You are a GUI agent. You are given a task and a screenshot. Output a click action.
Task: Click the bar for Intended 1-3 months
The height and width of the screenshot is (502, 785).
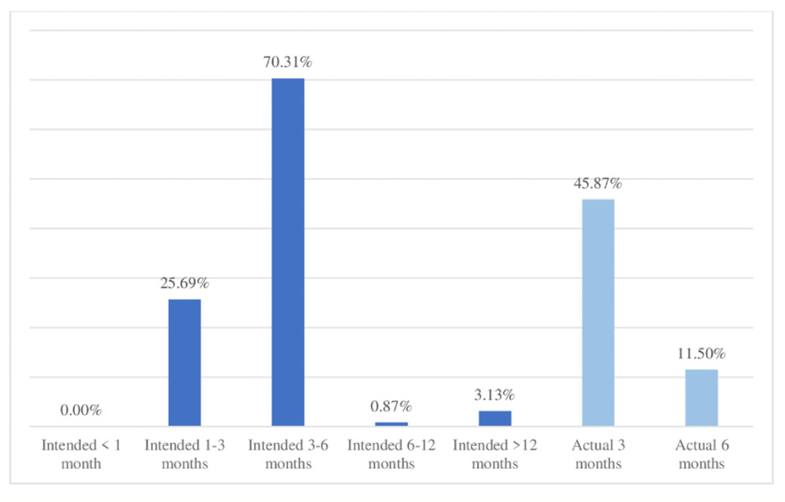(x=184, y=363)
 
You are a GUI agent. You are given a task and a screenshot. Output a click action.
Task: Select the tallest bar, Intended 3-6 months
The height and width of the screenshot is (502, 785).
(x=288, y=252)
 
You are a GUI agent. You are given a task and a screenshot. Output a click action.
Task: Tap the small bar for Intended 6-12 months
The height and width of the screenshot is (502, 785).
(x=391, y=424)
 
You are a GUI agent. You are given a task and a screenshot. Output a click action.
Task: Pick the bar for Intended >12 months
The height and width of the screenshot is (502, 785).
(x=495, y=418)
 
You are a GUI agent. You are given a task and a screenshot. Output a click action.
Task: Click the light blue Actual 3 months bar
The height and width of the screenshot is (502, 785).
(x=598, y=312)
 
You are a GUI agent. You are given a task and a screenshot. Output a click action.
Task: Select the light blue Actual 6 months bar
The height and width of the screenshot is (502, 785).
(x=701, y=397)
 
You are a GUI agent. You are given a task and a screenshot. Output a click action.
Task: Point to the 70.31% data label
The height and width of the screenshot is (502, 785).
(x=288, y=63)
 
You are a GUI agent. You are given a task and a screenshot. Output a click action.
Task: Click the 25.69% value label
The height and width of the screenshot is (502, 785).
(x=184, y=284)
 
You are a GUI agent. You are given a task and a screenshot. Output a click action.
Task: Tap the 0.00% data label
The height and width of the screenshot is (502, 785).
(x=81, y=411)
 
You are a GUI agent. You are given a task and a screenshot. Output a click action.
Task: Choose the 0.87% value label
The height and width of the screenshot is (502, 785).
(x=391, y=407)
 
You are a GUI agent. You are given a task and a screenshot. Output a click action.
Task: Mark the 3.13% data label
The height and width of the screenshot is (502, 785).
(x=495, y=395)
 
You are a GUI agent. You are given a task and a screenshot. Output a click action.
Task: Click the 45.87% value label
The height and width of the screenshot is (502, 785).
(x=598, y=184)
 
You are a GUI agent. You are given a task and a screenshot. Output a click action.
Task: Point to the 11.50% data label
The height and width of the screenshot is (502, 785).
(x=701, y=354)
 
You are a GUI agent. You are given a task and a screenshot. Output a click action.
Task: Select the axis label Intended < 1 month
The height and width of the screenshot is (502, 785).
(x=81, y=454)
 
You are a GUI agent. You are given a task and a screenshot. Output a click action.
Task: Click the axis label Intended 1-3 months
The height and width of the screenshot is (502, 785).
(x=184, y=454)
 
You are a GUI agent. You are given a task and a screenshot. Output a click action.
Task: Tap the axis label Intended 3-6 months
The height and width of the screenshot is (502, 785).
(x=288, y=454)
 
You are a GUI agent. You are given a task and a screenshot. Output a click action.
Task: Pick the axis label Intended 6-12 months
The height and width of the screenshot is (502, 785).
(x=391, y=454)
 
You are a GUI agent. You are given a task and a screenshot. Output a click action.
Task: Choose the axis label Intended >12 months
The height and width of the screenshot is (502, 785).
(x=495, y=454)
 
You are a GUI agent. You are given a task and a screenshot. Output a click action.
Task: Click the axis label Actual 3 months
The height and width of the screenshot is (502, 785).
(x=598, y=454)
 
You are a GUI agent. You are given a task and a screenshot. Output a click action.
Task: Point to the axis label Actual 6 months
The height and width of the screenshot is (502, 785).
(x=701, y=454)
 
